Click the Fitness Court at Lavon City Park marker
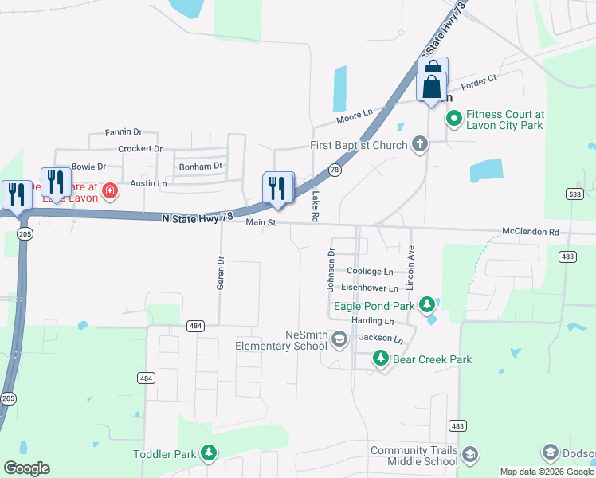[x=453, y=119]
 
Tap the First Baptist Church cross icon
[x=420, y=145]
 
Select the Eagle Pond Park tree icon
[x=427, y=304]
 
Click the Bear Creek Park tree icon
[x=382, y=359]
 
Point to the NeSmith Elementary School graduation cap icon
[x=339, y=340]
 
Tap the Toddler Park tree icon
[x=209, y=454]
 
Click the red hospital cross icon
[x=110, y=191]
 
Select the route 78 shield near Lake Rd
[x=335, y=170]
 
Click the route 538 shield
[x=574, y=194]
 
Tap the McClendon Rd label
[x=531, y=232]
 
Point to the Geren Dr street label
[x=222, y=272]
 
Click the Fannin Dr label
[x=123, y=132]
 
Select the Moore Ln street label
[x=355, y=116]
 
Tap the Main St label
[x=260, y=223]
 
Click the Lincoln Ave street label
[x=411, y=267]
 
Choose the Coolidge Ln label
[x=370, y=272]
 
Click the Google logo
[x=26, y=468]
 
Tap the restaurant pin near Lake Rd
[x=277, y=189]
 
